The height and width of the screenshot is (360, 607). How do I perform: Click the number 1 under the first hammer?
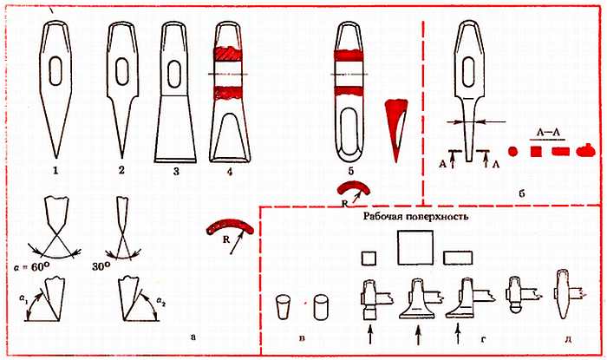[x=55, y=170]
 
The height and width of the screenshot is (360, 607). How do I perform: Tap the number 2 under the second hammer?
[x=121, y=170]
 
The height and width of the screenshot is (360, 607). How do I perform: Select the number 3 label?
[x=176, y=171]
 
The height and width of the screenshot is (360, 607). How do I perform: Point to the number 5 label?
[x=350, y=171]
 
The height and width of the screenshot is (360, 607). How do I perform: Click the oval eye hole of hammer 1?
[x=55, y=71]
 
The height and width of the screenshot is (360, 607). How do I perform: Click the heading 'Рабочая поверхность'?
[x=415, y=216]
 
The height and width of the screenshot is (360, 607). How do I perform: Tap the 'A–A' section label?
[x=548, y=133]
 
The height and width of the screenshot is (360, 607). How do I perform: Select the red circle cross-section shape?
[x=512, y=151]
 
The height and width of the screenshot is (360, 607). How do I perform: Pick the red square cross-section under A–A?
[x=536, y=151]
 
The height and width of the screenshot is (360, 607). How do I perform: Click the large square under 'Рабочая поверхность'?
[x=415, y=248]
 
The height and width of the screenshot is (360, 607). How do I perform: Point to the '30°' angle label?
[x=101, y=266]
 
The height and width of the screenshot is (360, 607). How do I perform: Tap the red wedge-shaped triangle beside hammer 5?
[x=396, y=128]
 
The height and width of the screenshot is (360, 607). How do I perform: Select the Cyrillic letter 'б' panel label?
[x=521, y=193]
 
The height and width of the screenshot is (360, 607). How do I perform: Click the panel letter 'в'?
[x=302, y=338]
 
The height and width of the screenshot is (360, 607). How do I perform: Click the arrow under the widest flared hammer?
[x=418, y=335]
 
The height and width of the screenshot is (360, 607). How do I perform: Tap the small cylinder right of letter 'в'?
[x=322, y=308]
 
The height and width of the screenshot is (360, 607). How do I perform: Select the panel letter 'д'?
[x=568, y=339]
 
